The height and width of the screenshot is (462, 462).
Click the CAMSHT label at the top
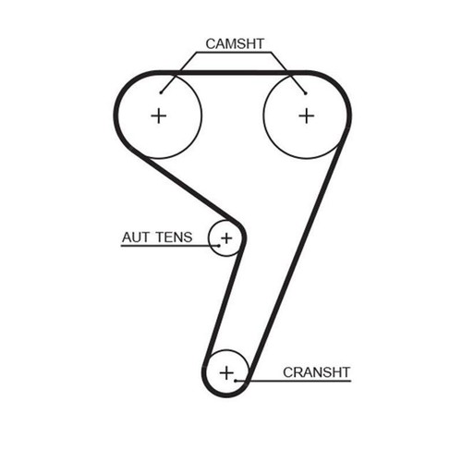[x=235, y=43]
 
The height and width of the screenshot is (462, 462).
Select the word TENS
[x=174, y=237]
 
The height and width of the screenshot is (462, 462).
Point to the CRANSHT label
[x=316, y=372]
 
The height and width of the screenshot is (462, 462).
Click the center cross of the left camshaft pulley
[x=159, y=115]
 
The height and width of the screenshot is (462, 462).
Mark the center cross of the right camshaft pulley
[x=307, y=115]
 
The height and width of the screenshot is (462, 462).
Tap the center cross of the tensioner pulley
[x=226, y=237]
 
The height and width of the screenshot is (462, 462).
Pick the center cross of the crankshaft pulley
[x=226, y=372]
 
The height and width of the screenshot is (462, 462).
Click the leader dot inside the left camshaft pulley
[x=161, y=92]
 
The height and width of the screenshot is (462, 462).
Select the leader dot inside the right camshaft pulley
[x=305, y=93]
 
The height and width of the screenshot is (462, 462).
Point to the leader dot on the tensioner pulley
[x=219, y=246]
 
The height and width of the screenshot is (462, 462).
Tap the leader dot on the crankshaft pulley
[x=236, y=381]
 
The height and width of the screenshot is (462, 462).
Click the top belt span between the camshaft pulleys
[x=233, y=73]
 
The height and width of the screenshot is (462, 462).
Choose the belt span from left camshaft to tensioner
[x=191, y=189]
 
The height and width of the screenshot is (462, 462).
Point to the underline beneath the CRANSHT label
[x=293, y=381]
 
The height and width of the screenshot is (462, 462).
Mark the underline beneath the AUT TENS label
[x=170, y=246]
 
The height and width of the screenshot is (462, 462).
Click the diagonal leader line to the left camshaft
[x=178, y=72]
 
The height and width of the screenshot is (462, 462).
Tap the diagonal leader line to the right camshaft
[x=288, y=73]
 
